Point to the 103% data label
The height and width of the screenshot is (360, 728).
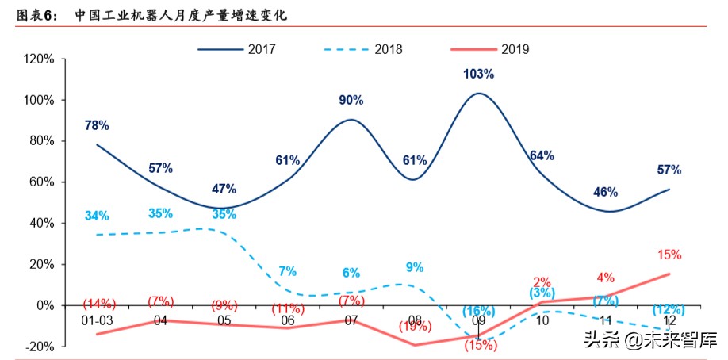pyautogui.click(x=478, y=74)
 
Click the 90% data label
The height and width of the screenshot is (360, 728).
pyautogui.click(x=351, y=100)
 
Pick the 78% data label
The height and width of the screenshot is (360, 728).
pyautogui.click(x=97, y=125)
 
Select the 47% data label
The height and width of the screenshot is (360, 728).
pyautogui.click(x=224, y=189)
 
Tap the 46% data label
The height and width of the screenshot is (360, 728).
pyautogui.click(x=605, y=192)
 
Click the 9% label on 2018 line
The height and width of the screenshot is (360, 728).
pyautogui.click(x=415, y=267)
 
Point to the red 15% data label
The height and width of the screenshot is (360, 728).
pyautogui.click(x=669, y=255)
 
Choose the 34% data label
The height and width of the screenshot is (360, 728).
pyautogui.click(x=97, y=216)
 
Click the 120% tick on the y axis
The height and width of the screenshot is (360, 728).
pyautogui.click(x=39, y=59)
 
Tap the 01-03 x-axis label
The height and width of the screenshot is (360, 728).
pyautogui.click(x=97, y=320)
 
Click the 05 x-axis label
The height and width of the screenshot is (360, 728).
pyautogui.click(x=224, y=320)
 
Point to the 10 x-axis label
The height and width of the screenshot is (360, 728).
pyautogui.click(x=542, y=320)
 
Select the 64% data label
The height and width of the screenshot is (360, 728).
pyautogui.click(x=542, y=155)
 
